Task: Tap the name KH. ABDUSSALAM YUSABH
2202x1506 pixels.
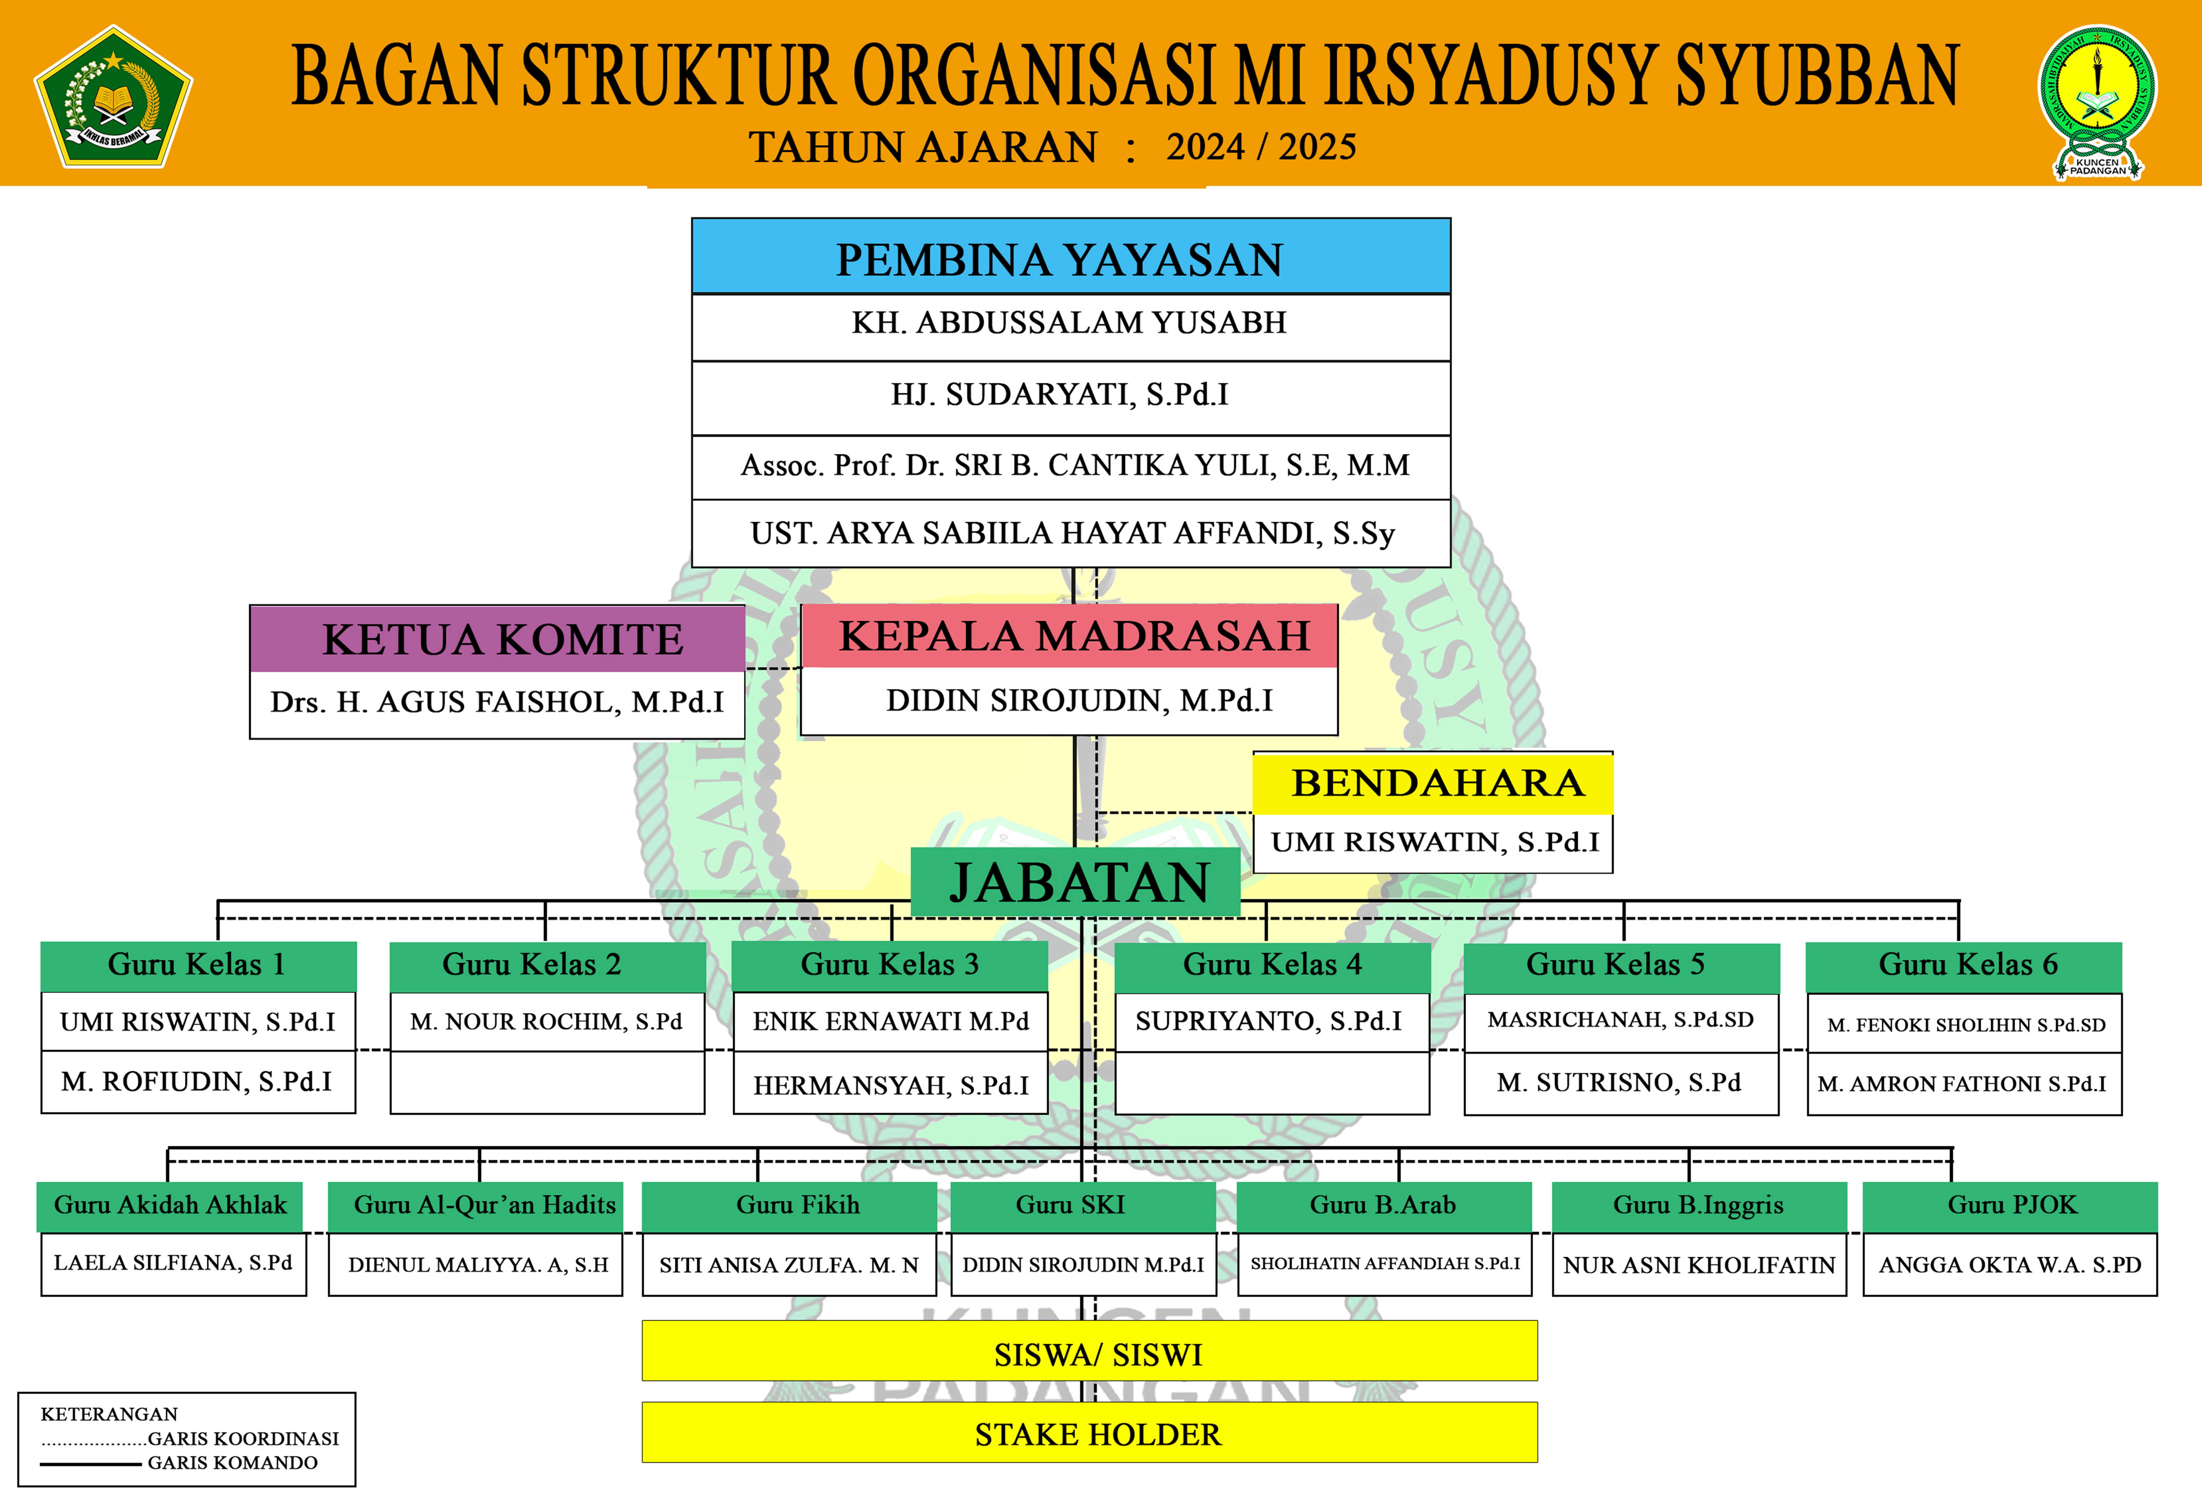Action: click(1069, 323)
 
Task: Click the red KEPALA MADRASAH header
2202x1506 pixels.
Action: click(1070, 636)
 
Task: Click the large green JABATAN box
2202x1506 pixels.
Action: click(1075, 882)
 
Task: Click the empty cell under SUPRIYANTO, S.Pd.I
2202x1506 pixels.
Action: click(1272, 1083)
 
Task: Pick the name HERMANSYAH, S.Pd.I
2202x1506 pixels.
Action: click(891, 1085)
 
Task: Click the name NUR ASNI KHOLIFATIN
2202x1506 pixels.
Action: click(1699, 1265)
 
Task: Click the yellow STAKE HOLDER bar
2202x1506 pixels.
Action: click(1090, 1433)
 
